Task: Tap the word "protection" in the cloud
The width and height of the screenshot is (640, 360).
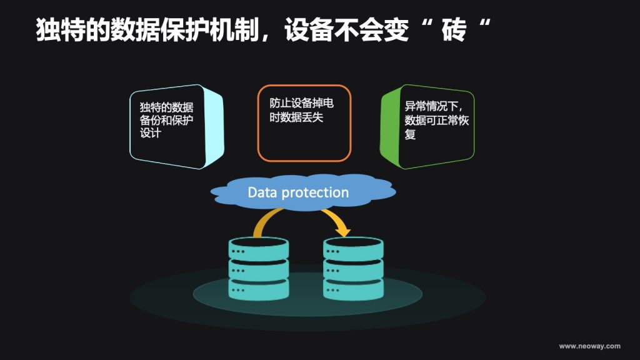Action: click(315, 192)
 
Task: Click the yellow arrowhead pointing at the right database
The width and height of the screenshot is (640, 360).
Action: click(342, 231)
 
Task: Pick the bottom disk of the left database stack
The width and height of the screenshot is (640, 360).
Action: click(258, 289)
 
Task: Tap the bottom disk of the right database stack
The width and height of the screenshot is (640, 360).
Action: click(353, 289)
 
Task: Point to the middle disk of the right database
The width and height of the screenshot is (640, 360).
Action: click(353, 269)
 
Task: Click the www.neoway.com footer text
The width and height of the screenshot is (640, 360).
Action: click(589, 346)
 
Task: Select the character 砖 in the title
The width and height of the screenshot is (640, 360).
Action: click(454, 29)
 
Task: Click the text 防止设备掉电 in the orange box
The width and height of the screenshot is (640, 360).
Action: click(301, 103)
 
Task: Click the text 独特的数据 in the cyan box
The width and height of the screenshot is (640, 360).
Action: click(166, 107)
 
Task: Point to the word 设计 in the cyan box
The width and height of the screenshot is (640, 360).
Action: click(150, 132)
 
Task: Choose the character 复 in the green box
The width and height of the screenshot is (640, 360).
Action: click(410, 134)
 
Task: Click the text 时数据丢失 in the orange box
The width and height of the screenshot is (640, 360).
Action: click(296, 117)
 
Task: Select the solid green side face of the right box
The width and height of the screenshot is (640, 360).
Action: click(389, 126)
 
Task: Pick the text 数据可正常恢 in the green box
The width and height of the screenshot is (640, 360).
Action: click(437, 120)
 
